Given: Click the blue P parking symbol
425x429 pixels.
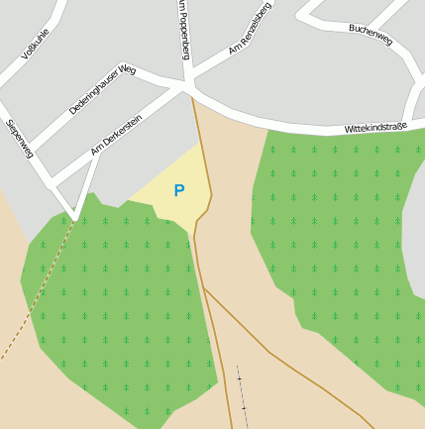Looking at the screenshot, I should pos(179,190).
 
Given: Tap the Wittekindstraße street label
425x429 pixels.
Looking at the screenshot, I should pos(375,127).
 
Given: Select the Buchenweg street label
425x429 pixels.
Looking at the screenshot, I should pos(371,35).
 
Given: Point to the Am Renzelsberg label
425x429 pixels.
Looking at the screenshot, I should pos(249,35).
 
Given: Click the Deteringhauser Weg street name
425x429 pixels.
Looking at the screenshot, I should pos(102,90).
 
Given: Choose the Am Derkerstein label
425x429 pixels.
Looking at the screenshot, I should pos(116,136).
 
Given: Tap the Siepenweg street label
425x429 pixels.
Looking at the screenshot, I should pos(20,140).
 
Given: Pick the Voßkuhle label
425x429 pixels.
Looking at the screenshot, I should pos(36,45).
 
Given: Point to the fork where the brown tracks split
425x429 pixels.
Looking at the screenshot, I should pos(205,287).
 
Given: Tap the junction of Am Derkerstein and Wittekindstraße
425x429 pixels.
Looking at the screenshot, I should pos(186,89).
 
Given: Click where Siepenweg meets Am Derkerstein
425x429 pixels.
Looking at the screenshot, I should pos(75,214).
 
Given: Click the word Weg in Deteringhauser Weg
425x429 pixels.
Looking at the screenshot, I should pos(126,71).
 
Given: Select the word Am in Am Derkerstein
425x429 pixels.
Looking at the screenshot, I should pos(95,151).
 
